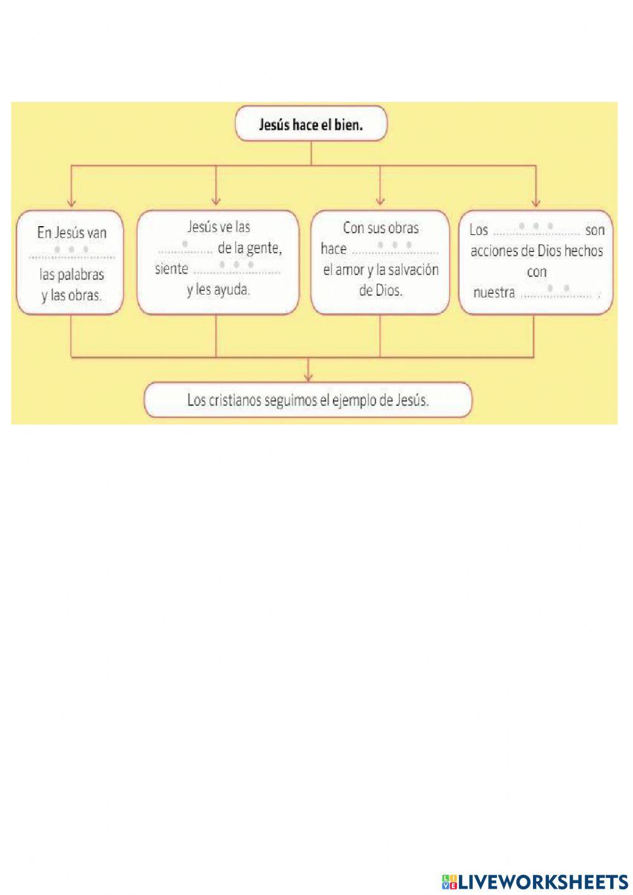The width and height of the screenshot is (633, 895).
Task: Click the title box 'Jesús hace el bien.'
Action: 311,124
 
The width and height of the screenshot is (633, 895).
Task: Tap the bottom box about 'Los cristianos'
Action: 308,400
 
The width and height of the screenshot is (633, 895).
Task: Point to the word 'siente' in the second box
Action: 172,269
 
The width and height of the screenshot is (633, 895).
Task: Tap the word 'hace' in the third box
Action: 334,248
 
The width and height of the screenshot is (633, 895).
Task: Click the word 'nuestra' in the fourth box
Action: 494,293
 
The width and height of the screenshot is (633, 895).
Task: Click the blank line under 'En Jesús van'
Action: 72,257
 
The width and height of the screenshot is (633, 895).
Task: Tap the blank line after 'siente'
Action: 237,273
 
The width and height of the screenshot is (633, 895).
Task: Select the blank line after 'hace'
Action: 396,253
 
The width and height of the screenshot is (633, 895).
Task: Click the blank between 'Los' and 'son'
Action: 536,234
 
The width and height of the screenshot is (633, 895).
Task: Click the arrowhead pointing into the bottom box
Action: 308,377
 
